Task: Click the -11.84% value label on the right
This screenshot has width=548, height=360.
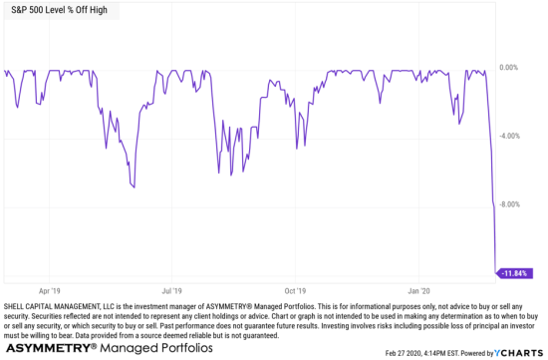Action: coord(516,272)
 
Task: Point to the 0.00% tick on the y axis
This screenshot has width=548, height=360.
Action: coord(509,68)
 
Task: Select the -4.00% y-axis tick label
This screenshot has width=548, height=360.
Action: coord(509,137)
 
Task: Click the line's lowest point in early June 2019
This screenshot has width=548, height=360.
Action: coord(135,185)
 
